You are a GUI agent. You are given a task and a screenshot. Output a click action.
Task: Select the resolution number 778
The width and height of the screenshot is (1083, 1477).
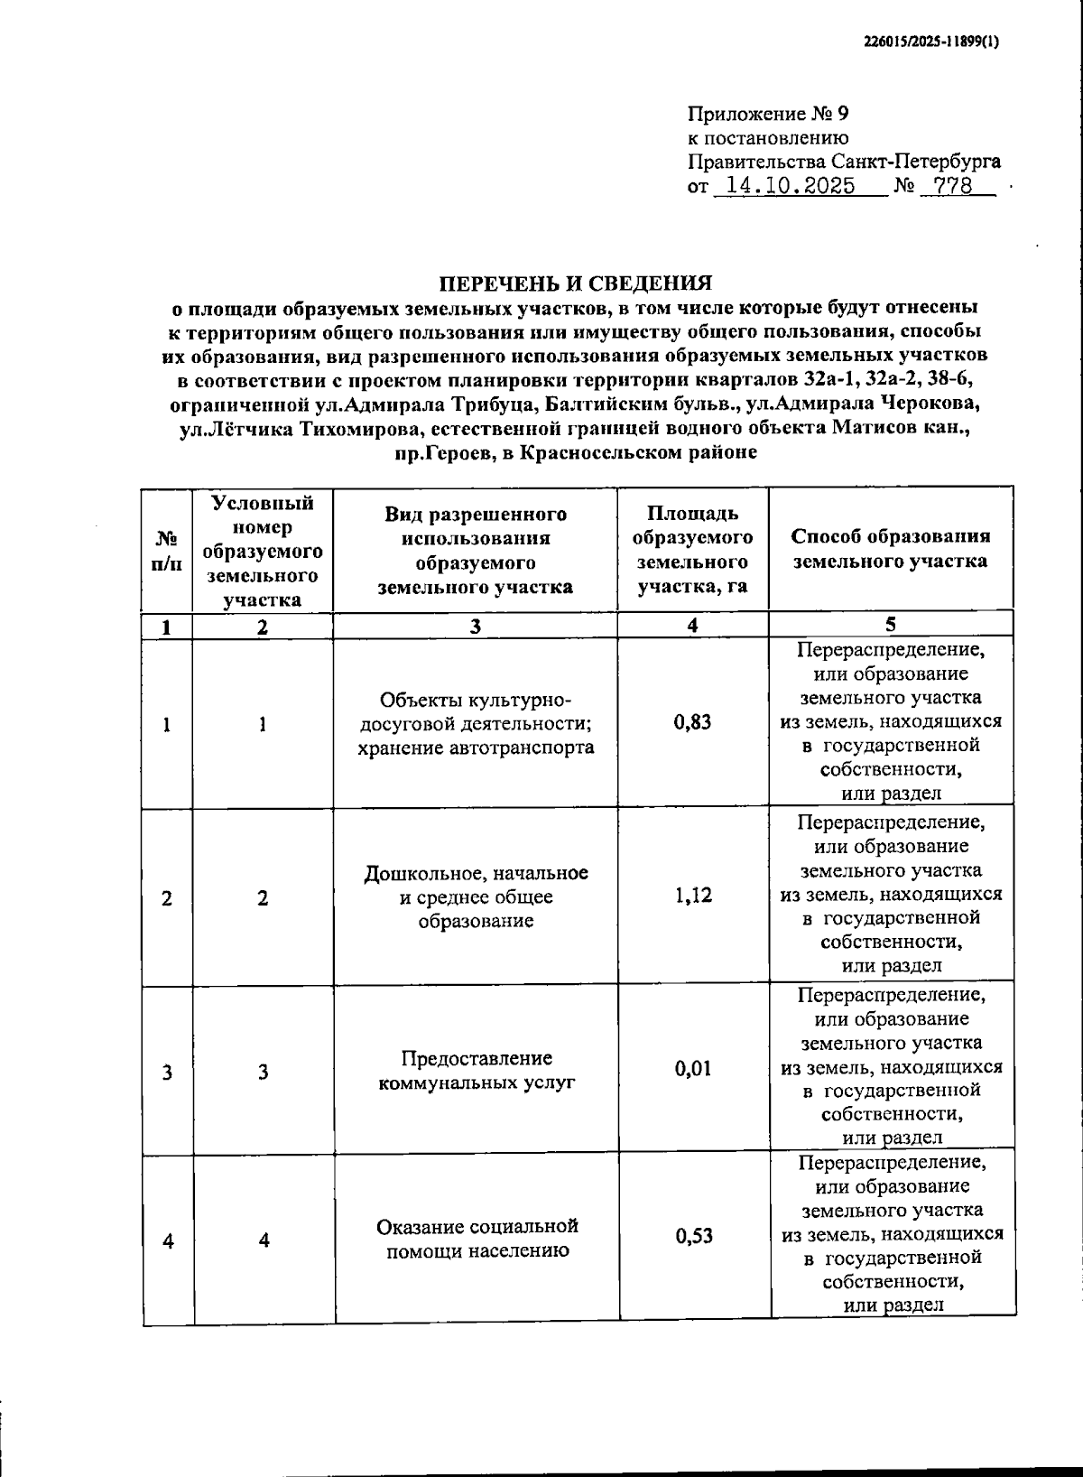(x=953, y=187)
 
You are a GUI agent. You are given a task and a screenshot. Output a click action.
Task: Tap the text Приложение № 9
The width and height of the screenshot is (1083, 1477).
(x=768, y=114)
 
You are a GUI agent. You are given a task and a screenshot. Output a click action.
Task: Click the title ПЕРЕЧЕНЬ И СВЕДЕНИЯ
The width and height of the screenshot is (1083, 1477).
(x=576, y=283)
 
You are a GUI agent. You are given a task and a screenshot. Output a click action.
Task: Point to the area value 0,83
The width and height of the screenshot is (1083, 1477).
(x=692, y=722)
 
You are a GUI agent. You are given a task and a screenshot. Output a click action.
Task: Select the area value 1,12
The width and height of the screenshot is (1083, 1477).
(x=692, y=895)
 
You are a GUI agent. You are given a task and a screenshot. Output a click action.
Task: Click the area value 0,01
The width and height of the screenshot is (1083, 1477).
(x=692, y=1069)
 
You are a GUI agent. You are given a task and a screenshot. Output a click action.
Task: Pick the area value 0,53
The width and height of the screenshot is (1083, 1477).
(x=693, y=1236)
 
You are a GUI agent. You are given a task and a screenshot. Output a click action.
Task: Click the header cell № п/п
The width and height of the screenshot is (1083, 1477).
(x=168, y=550)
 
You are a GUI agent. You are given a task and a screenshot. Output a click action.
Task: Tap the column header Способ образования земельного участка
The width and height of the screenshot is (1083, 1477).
(x=890, y=548)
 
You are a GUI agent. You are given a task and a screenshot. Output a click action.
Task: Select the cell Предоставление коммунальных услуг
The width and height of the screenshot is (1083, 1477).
(x=476, y=1070)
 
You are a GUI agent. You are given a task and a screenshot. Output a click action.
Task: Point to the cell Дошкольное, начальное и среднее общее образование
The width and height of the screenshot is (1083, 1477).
(x=476, y=896)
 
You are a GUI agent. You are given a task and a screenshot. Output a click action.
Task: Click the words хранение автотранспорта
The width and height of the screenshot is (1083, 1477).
(x=476, y=748)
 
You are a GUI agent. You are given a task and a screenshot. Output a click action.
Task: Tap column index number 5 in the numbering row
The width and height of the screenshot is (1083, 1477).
(x=890, y=625)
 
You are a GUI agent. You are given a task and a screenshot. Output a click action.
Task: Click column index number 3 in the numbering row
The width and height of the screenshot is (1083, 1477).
(x=476, y=627)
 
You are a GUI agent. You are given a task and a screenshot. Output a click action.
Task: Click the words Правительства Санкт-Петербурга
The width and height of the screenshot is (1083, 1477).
(x=844, y=163)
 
